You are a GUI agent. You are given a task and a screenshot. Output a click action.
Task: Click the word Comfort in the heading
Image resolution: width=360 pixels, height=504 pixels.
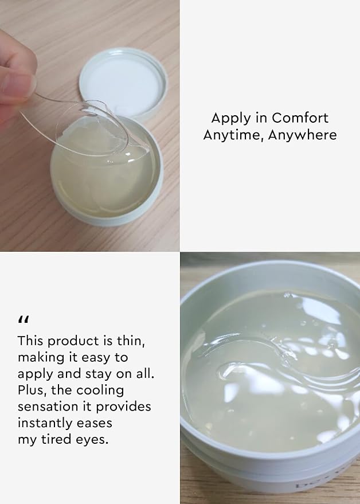point(300,118)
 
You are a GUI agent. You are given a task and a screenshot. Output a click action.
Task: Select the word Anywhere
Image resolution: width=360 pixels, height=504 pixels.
point(303,135)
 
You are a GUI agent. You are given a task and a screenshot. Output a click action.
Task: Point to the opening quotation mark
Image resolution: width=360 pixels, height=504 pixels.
point(24,319)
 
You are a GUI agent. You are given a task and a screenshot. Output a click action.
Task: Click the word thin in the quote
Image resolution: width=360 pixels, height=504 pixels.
point(131,341)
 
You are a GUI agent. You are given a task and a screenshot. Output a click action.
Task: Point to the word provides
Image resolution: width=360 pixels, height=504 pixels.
point(123,407)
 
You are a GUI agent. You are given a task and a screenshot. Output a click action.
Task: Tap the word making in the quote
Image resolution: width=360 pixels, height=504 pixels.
point(37,358)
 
